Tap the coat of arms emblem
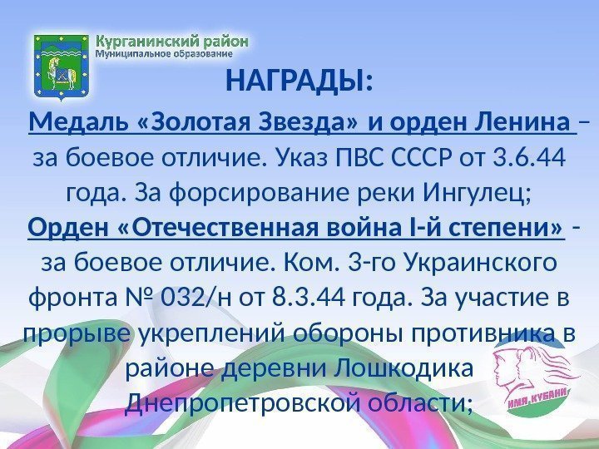click(61, 62)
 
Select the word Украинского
click(468, 263)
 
